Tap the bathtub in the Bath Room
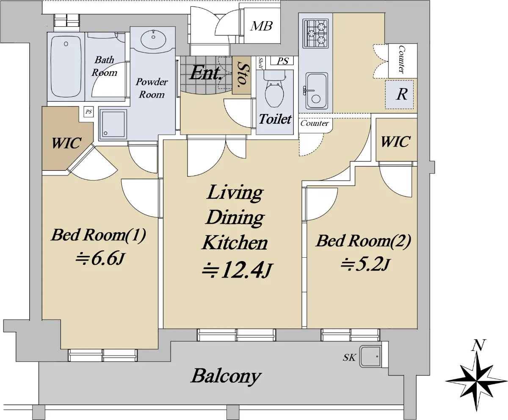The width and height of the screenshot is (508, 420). click(x=66, y=67)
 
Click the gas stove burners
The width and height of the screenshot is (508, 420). click(x=315, y=34)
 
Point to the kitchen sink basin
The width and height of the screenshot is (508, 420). click(x=316, y=91)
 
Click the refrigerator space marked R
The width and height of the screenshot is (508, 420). click(x=399, y=94)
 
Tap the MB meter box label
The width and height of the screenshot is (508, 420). click(x=262, y=26)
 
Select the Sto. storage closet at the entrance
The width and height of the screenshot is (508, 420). click(x=242, y=75)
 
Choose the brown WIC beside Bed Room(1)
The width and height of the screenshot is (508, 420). click(x=66, y=143)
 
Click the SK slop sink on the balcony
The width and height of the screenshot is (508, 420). click(x=370, y=356)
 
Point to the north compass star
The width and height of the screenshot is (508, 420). click(x=476, y=381)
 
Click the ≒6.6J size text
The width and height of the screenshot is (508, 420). click(x=100, y=259)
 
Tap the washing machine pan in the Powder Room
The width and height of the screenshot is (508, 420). click(x=113, y=124)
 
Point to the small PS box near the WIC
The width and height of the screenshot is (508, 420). click(x=88, y=112)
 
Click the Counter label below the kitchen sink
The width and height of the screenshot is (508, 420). click(x=315, y=123)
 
